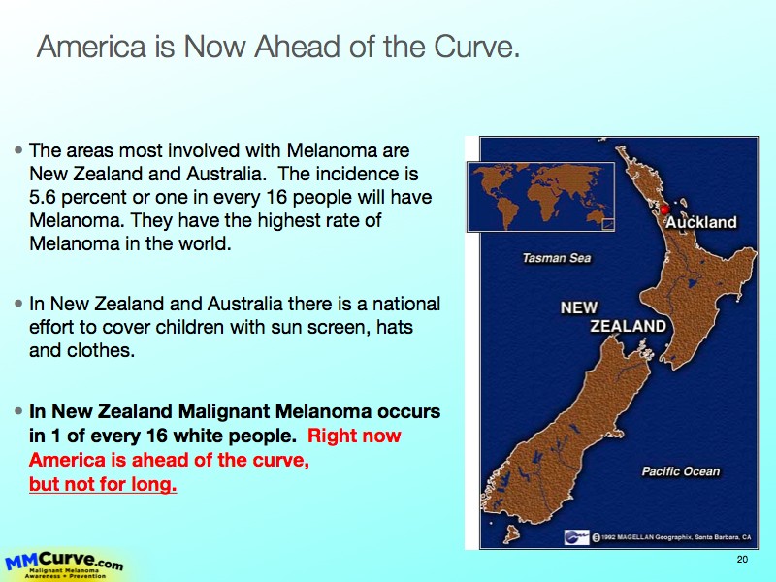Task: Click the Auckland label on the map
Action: point(700,222)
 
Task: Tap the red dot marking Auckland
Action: point(665,210)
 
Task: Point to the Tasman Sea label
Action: point(557,258)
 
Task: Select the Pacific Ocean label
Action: point(681,471)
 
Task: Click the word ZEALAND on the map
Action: point(628,326)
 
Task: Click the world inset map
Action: point(541,197)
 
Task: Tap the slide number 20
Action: point(742,560)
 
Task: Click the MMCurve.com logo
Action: point(64,566)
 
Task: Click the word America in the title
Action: point(91,47)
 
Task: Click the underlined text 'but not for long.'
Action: point(103,483)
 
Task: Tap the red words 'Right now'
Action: point(354,436)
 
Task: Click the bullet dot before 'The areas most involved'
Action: point(18,150)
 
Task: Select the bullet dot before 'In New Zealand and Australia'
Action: point(18,304)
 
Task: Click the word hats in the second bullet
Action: point(395,327)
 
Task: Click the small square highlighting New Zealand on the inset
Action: point(608,225)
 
